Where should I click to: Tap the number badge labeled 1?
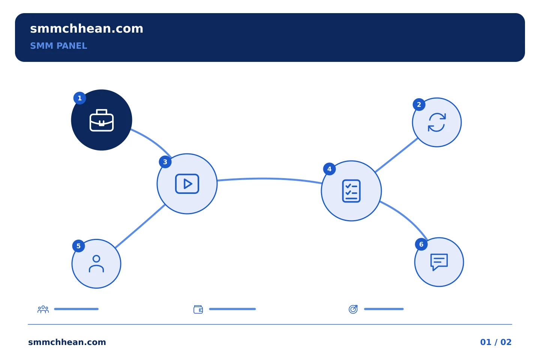click(80, 98)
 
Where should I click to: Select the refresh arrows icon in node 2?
click(436, 122)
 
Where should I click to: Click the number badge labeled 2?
click(419, 105)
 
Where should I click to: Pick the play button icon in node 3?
click(187, 184)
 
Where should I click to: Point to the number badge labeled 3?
click(165, 162)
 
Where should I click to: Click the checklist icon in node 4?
click(351, 191)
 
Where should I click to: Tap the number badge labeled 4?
click(329, 169)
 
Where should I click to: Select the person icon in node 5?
click(96, 264)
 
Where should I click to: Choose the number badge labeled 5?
click(79, 246)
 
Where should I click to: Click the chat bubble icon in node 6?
click(439, 262)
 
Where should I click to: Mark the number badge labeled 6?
click(421, 244)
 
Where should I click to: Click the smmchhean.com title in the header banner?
click(87, 29)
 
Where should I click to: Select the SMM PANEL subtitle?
click(58, 46)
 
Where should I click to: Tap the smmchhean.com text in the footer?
click(67, 342)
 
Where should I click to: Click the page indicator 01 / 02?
click(496, 342)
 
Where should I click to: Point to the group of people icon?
click(43, 309)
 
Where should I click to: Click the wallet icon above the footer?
click(198, 309)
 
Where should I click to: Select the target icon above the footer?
click(353, 309)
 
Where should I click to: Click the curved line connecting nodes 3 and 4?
click(269, 178)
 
